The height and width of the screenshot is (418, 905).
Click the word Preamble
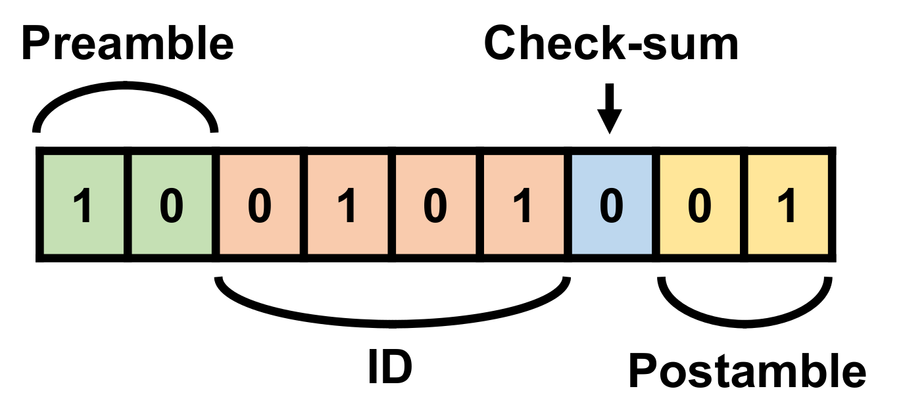coord(128,44)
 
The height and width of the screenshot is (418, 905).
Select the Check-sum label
coord(611,44)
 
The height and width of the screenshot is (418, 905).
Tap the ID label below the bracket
coord(390,369)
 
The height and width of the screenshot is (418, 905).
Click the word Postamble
coord(747,372)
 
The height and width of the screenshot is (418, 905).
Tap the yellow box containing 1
coord(788,205)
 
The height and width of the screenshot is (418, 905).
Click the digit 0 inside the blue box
coord(612,206)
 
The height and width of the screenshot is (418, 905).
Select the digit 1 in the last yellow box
coord(788,206)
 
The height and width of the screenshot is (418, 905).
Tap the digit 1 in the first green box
coord(83,206)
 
